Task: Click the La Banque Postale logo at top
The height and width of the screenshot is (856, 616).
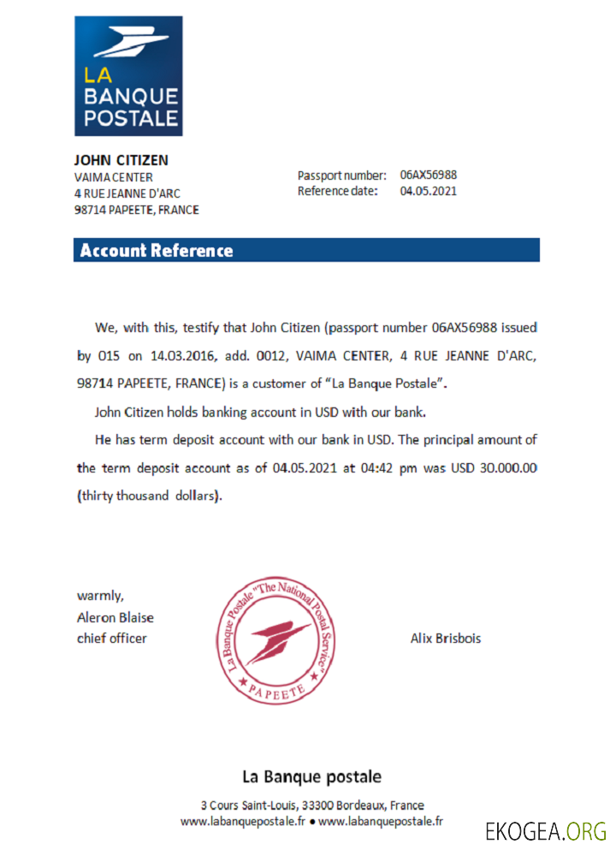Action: coord(128,75)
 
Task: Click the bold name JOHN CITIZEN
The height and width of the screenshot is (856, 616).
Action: coord(121,160)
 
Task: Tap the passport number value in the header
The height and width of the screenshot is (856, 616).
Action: coord(428,175)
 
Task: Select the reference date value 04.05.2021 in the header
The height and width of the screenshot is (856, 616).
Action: coord(428,191)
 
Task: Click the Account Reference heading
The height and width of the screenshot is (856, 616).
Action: coord(156,251)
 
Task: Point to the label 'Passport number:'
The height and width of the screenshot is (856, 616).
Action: coord(342,175)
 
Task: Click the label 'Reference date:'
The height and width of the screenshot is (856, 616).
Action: coord(338,191)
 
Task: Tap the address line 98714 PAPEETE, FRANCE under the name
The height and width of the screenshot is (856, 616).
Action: coord(137,210)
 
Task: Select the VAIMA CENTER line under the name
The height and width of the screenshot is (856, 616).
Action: coord(114,177)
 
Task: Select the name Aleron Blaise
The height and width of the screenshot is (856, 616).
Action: coord(115,617)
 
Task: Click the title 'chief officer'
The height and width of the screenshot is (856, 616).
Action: coord(112,639)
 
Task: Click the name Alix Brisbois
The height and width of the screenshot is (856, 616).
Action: coord(445,639)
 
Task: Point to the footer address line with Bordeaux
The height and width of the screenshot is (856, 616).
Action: coord(311,805)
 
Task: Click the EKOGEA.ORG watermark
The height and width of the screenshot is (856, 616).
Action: coord(546,831)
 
